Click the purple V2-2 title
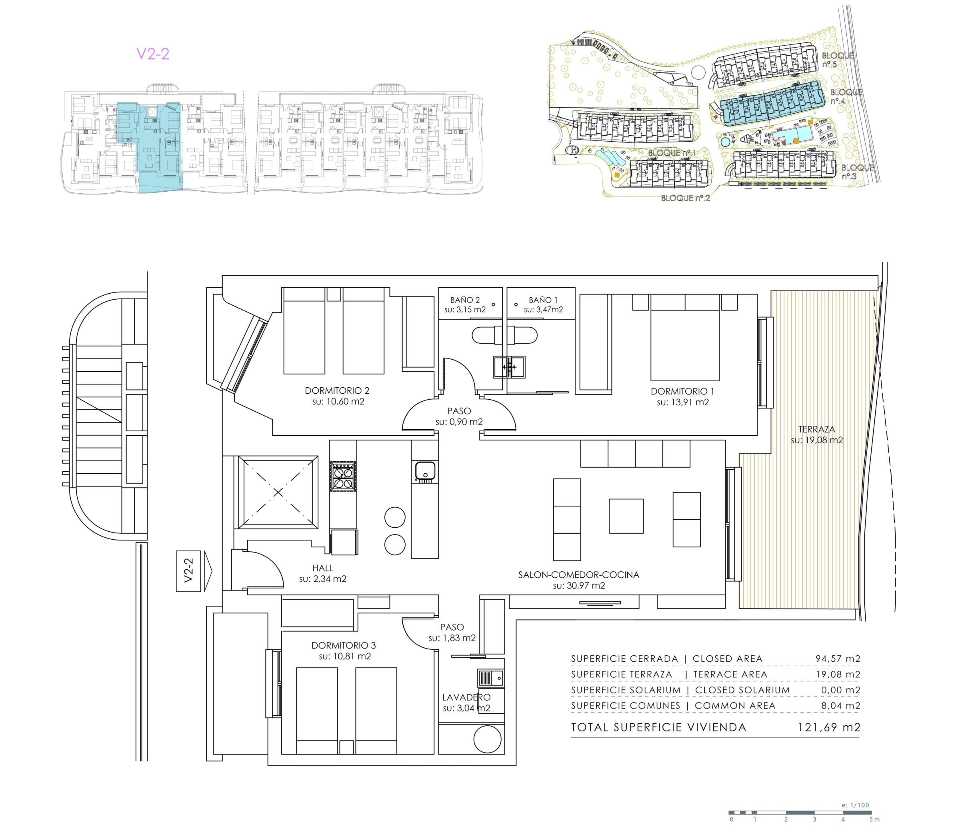pos(152,54)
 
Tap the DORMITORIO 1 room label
pos(682,391)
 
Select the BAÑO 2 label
pos(465,300)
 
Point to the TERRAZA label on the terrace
pos(816,429)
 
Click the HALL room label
pos(322,568)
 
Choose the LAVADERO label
pos(466,697)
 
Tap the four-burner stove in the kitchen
pos(343,476)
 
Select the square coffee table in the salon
pos(626,516)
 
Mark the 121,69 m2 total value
pos(829,727)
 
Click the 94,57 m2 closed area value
pos(838,658)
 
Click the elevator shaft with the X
pos(278,492)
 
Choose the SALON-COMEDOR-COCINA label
pos(579,575)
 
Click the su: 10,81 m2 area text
pos(345,656)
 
